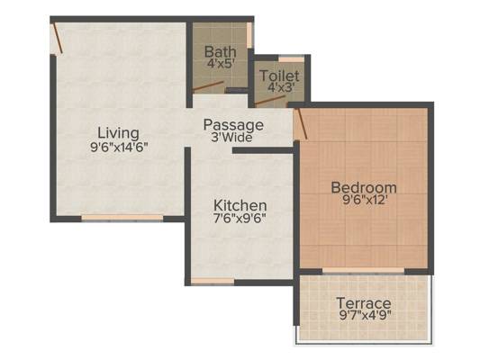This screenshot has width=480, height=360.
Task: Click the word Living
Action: click(x=119, y=133)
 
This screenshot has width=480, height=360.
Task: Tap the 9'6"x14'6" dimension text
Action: click(x=119, y=148)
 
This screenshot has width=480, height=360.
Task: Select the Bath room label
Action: click(x=219, y=51)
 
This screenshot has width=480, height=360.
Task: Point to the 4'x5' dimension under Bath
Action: click(x=219, y=65)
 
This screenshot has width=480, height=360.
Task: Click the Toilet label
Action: click(x=279, y=76)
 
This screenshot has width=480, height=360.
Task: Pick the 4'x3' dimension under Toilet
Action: click(x=279, y=90)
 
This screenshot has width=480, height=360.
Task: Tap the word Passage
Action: click(x=232, y=124)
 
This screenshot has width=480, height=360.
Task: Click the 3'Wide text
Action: click(x=232, y=138)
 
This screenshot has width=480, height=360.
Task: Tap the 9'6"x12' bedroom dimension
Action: click(x=364, y=201)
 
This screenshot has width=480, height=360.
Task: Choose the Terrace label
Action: click(x=363, y=303)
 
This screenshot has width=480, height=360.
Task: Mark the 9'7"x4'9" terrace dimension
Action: click(x=363, y=317)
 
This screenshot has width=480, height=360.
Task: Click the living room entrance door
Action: click(x=57, y=39)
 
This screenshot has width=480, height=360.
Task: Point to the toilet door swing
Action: click(x=269, y=102)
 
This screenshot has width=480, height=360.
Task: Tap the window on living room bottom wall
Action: click(x=122, y=218)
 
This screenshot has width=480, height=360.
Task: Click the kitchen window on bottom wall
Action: click(x=213, y=281)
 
